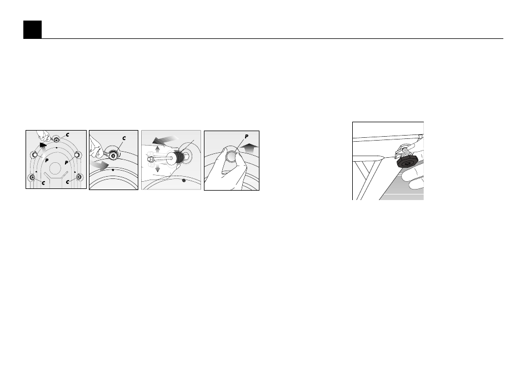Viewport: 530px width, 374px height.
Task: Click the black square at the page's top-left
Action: point(32,29)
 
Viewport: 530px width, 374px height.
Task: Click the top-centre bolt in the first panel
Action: point(56,139)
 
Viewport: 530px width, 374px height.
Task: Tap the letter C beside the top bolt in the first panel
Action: point(68,134)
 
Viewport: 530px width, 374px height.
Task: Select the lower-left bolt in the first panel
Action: point(32,177)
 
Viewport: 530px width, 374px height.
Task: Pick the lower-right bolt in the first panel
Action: point(79,177)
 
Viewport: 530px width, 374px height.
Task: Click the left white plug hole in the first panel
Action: point(34,155)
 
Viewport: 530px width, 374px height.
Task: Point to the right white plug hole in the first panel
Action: point(77,155)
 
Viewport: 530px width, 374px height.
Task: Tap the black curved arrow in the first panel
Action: point(43,146)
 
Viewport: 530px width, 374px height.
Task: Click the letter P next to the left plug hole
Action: point(47,161)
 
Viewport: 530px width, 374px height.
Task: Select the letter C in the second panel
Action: point(124,138)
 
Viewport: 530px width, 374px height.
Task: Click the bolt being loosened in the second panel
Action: point(113,155)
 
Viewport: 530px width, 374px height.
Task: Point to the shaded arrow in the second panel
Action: point(99,164)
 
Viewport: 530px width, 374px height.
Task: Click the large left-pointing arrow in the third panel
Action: point(164,139)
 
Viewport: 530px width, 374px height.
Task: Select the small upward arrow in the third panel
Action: point(158,149)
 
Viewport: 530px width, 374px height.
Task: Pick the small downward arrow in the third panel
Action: point(158,168)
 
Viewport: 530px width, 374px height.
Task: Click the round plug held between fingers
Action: point(232,157)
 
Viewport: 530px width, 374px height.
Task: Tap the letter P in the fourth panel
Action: point(247,137)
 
